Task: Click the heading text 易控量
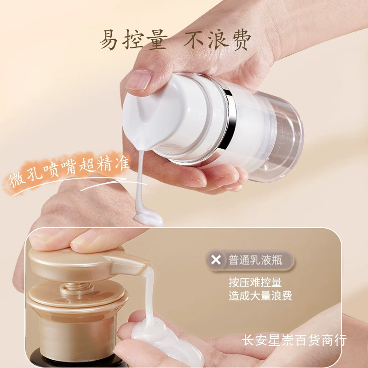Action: click(134, 40)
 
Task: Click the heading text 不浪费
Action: click(217, 40)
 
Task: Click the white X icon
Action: click(216, 260)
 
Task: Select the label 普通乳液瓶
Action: click(255, 260)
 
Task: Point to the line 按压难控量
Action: click(255, 282)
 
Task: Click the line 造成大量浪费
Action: click(260, 295)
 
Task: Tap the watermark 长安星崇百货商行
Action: click(294, 340)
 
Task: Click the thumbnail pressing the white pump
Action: click(138, 80)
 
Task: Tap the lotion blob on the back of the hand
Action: click(148, 218)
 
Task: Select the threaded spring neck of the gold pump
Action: click(76, 288)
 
